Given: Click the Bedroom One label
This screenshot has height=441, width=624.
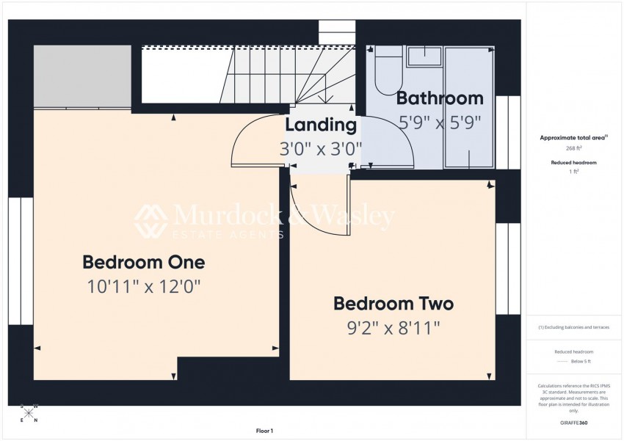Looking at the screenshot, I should tap(143, 262).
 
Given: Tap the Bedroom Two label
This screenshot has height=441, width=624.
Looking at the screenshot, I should tap(393, 303).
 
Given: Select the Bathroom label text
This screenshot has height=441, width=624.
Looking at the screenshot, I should tap(440, 98).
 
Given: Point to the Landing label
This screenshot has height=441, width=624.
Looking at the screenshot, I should tap(321, 125).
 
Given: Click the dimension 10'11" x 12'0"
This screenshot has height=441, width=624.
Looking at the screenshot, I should tap(143, 286).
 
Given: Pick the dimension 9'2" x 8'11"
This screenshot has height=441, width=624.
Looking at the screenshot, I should tap(393, 327).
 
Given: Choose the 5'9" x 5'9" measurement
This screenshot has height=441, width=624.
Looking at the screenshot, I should tap(440, 123).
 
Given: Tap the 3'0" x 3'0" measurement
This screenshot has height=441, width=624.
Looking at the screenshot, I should tap(321, 149).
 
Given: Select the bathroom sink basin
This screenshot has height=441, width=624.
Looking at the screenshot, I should tap(424, 57).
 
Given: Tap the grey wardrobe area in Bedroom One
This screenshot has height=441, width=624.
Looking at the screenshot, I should tap(82, 76).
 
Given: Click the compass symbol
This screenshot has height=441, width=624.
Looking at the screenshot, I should tap(29, 412).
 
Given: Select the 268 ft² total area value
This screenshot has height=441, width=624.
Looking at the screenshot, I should tap(573, 147).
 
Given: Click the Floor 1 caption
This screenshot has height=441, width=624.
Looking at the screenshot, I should tap(264, 431).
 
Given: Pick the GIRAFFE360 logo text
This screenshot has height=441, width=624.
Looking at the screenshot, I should tap(573, 423).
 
